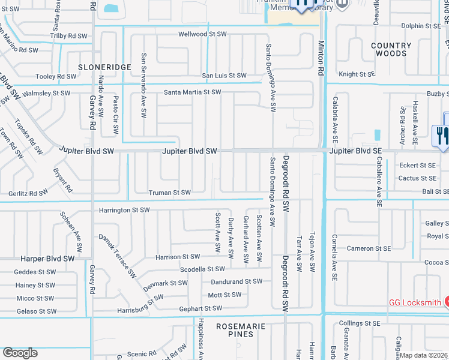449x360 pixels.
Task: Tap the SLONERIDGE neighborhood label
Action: coord(104,67)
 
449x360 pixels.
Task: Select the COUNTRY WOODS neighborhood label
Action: coord(391,50)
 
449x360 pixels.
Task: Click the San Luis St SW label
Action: coord(224,76)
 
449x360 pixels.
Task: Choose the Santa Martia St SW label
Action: coord(193,92)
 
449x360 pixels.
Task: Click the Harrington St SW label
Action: coord(124,211)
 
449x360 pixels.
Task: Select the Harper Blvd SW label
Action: coord(47,259)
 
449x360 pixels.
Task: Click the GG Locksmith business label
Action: coord(414,302)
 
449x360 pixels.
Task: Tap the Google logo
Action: coord(20,353)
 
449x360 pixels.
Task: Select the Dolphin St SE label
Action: coord(420,26)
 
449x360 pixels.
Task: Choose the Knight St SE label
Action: coord(357,74)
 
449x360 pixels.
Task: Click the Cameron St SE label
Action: coord(368,248)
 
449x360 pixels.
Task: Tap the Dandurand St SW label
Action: coord(237,281)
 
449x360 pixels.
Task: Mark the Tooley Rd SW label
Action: coord(56,77)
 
